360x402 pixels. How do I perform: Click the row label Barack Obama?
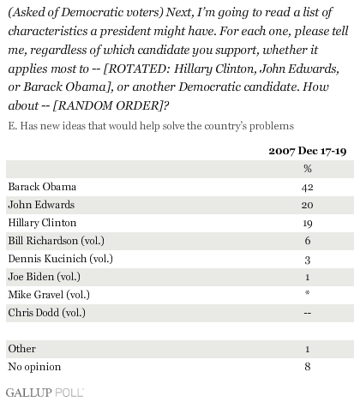pyautogui.click(x=42, y=187)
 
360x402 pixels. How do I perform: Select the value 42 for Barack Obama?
pyautogui.click(x=308, y=188)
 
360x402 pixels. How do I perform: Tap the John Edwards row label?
pyautogui.click(x=41, y=205)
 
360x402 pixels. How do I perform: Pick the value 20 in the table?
pyautogui.click(x=308, y=205)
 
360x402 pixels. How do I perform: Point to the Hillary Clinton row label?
pyautogui.click(x=42, y=223)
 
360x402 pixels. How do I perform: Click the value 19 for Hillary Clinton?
pyautogui.click(x=308, y=224)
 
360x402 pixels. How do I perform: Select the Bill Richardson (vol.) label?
pyautogui.click(x=57, y=241)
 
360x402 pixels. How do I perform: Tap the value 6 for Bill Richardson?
pyautogui.click(x=308, y=241)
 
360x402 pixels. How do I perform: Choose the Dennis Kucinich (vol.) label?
pyautogui.click(x=61, y=259)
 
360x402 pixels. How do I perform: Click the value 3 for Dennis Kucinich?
pyautogui.click(x=308, y=260)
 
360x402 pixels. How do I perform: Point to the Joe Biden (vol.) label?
pyautogui.click(x=45, y=277)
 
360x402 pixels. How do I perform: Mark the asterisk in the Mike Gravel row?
pyautogui.click(x=308, y=292)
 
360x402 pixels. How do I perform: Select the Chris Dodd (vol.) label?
pyautogui.click(x=47, y=313)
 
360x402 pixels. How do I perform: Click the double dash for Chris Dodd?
pyautogui.click(x=308, y=313)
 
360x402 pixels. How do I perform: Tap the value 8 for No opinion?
pyautogui.click(x=308, y=367)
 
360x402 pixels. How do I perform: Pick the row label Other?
pyautogui.click(x=22, y=349)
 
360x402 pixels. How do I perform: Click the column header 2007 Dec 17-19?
pyautogui.click(x=308, y=151)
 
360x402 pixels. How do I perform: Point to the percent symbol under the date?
pyautogui.click(x=308, y=169)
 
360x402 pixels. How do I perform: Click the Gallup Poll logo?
pyautogui.click(x=45, y=393)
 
